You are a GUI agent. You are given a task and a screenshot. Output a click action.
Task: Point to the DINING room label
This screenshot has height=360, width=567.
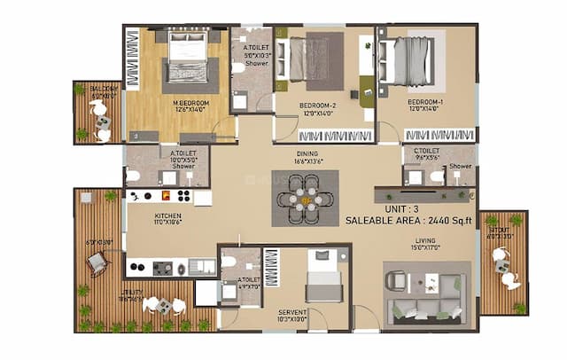click(x=306, y=153)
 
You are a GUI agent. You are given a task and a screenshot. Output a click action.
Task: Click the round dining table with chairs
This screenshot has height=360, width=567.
click(x=306, y=200)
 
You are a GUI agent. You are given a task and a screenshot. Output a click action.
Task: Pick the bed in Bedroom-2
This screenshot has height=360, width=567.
click(x=310, y=60)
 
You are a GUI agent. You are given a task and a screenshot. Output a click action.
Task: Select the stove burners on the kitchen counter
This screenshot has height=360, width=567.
click(x=174, y=196)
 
